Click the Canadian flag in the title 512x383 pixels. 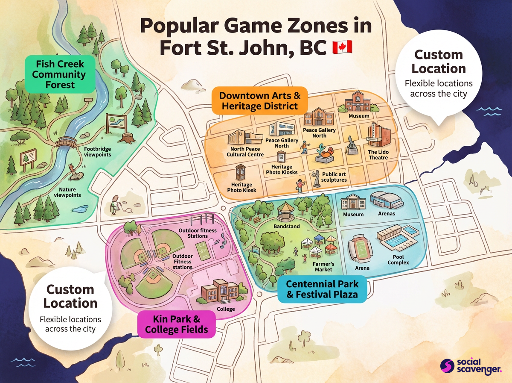(342, 47)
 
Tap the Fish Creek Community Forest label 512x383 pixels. (60, 74)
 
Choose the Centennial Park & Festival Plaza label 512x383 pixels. (322, 289)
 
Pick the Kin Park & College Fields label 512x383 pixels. (176, 324)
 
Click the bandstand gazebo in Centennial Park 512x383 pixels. (286, 212)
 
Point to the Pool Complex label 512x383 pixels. (398, 260)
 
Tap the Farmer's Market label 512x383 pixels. (323, 267)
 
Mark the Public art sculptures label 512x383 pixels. (334, 177)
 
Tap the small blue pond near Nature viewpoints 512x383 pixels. (79, 209)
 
